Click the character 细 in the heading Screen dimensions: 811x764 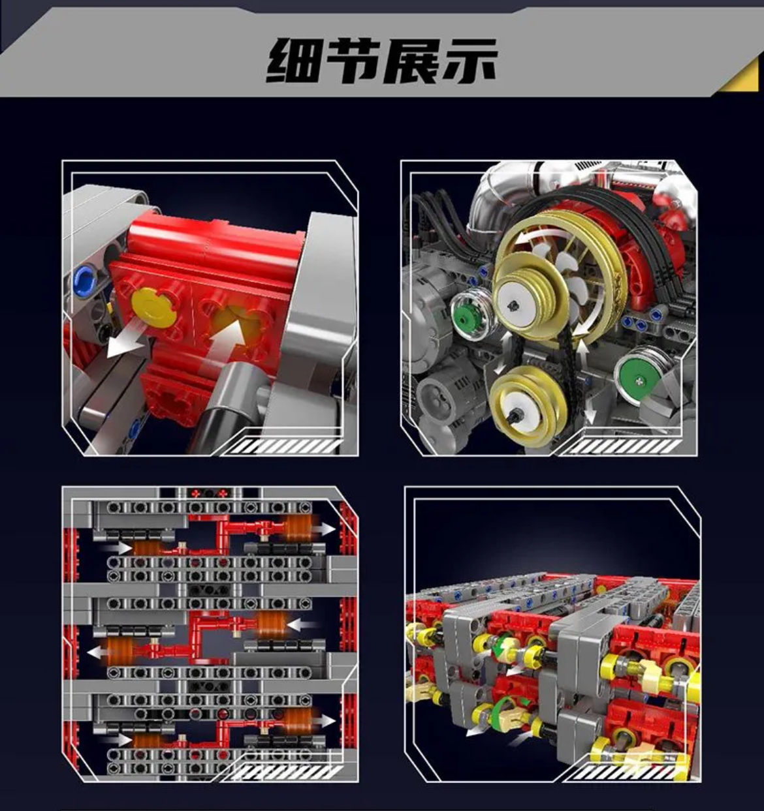(x=292, y=61)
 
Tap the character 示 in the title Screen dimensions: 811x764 (x=468, y=61)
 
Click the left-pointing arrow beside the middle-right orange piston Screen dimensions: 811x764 (x=302, y=625)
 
